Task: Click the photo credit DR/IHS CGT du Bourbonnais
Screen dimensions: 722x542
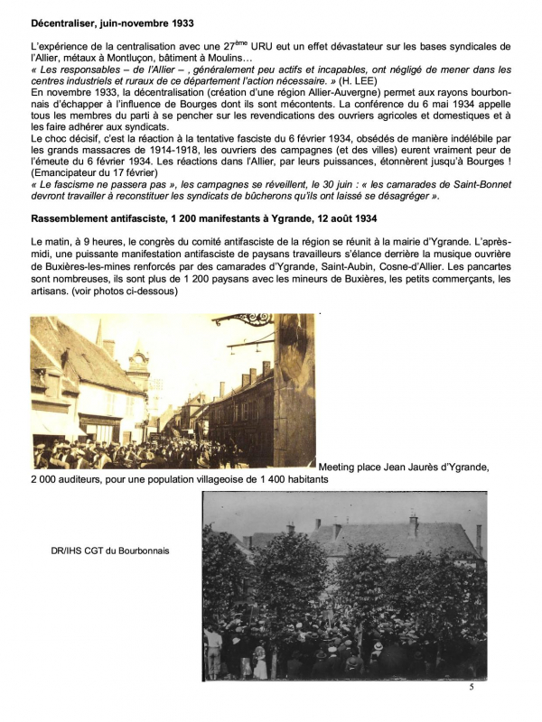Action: (x=111, y=550)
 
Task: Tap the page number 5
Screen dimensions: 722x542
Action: (x=472, y=688)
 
